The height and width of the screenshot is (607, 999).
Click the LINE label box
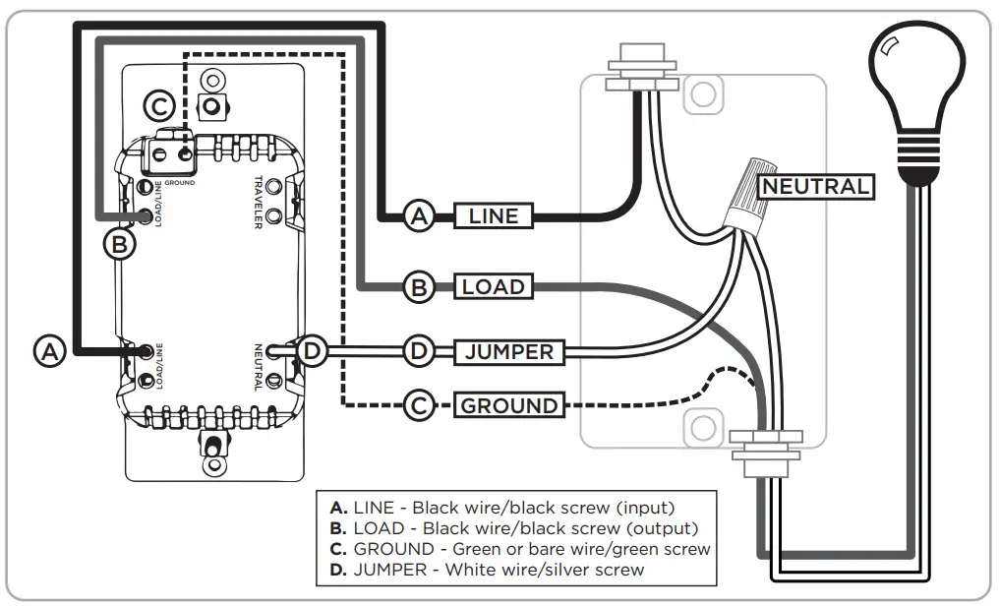(494, 215)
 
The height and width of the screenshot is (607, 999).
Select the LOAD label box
(494, 287)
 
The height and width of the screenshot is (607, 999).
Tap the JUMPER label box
(508, 351)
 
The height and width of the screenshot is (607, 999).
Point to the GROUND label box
(508, 404)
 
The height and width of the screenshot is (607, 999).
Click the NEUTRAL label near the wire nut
(816, 186)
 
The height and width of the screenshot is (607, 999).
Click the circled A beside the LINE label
(420, 216)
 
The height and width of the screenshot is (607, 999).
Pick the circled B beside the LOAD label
(420, 287)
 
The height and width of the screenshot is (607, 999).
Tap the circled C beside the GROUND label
(420, 404)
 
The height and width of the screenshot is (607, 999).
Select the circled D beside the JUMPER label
(420, 351)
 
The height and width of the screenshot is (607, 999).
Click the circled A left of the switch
(51, 350)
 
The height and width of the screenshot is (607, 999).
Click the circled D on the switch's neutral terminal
(312, 350)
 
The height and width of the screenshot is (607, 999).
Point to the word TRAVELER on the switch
(258, 202)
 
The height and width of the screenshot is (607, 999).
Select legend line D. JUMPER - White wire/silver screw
(488, 569)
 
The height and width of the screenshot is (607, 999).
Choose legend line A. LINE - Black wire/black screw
(502, 508)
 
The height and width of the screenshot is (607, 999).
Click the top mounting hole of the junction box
(700, 94)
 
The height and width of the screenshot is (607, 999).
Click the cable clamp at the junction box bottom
(766, 447)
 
